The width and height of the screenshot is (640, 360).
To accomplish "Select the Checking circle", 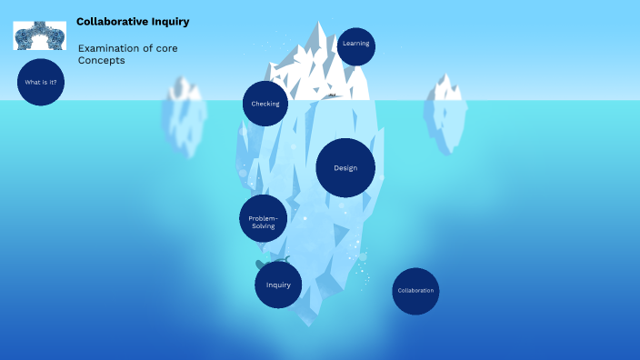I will (265, 104).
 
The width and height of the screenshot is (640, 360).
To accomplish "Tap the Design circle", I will (345, 168).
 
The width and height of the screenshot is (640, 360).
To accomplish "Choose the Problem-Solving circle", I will (263, 218).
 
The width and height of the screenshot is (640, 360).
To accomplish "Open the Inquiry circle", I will (278, 285).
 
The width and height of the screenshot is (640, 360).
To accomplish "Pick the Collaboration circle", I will (415, 291).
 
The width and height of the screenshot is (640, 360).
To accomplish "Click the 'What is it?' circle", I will (41, 82).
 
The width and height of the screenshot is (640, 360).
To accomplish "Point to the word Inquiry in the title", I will (172, 22).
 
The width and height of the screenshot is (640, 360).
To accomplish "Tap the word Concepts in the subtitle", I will (101, 61).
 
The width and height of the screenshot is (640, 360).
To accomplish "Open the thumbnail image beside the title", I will (40, 35).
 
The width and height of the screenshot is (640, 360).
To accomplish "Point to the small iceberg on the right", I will (445, 114).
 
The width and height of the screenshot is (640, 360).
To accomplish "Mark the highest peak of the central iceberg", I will (319, 25).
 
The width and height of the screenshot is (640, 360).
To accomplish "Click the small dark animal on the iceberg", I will (333, 95).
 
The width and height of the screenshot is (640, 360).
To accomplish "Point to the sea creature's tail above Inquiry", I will (286, 260).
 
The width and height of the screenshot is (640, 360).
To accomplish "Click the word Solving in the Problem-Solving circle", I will (263, 225).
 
